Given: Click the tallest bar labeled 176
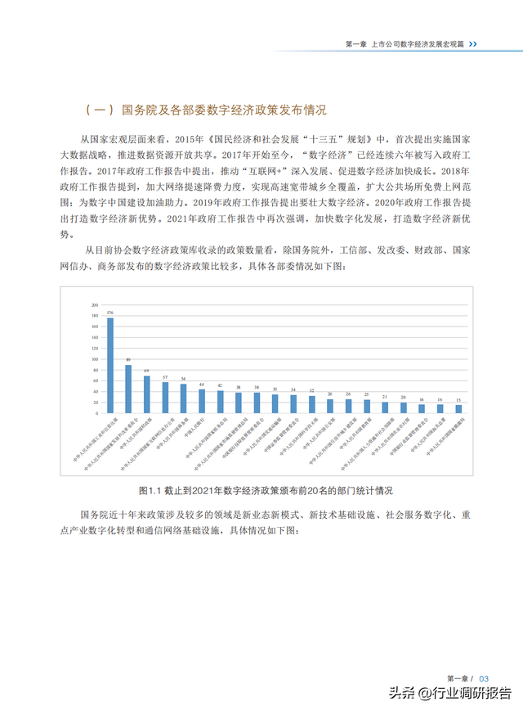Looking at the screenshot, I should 110,364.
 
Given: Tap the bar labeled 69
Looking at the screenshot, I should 147,394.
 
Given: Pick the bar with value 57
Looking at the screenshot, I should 165,397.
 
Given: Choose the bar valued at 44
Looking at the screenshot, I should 202,400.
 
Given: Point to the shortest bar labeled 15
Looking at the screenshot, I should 458,407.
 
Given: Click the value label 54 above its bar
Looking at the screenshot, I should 183,378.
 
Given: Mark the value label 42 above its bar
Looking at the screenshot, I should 220,385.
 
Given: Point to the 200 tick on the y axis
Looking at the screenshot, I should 95,304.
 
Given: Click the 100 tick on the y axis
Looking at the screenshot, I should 95,358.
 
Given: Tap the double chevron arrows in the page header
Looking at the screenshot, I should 472,44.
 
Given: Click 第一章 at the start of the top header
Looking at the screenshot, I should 354,44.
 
